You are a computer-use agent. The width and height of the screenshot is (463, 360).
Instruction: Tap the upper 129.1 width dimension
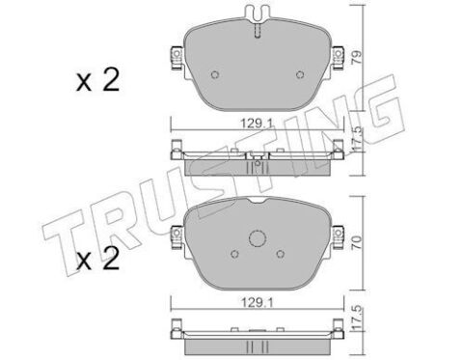257,123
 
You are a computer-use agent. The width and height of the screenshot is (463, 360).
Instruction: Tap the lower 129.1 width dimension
257,302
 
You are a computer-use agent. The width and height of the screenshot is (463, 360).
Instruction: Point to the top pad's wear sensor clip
258,14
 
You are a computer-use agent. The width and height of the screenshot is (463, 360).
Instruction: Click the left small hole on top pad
215,74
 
